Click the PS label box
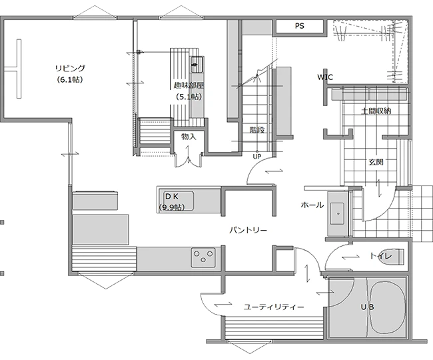click(300, 26)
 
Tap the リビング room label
click(71, 68)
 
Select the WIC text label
click(325, 77)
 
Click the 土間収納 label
click(376, 111)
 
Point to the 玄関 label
click(376, 162)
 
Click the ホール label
click(312, 205)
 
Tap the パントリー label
click(248, 230)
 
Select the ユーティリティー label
click(274, 307)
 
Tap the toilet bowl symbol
click(396, 257)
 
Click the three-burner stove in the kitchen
click(204, 257)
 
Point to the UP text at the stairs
click(257, 157)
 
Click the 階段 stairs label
click(257, 130)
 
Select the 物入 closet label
click(189, 137)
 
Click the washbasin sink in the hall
click(337, 214)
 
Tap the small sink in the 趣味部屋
click(197, 65)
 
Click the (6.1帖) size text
click(70, 80)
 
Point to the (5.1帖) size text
click(189, 97)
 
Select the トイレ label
click(381, 256)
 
